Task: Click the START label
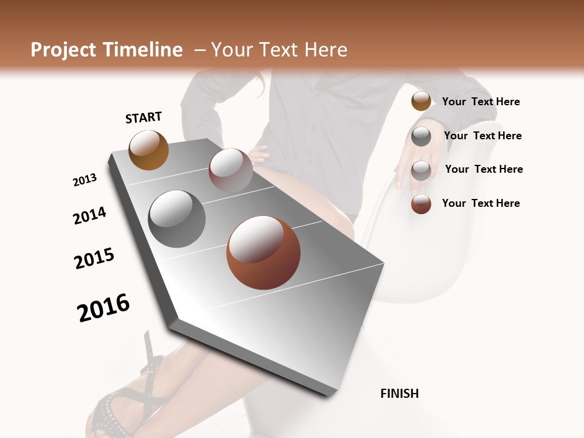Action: point(144,117)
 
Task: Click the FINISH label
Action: point(399,394)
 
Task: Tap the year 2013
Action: point(85,180)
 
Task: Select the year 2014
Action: point(89,215)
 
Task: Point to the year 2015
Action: point(94,259)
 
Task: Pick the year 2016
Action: point(103,307)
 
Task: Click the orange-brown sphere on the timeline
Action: point(148,150)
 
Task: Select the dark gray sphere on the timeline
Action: point(176,219)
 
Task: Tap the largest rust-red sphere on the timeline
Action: point(263,252)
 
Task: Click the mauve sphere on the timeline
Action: point(231,170)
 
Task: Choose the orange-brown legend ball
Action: point(421,101)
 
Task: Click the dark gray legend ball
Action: point(421,136)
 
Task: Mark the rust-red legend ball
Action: point(421,204)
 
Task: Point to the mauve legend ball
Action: point(421,170)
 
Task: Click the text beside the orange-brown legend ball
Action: point(481,102)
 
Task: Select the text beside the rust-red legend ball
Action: point(481,203)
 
